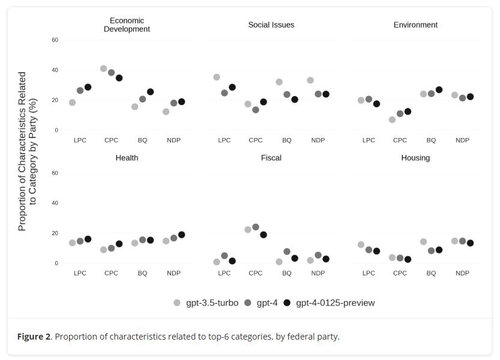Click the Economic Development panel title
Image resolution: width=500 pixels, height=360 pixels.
click(127, 25)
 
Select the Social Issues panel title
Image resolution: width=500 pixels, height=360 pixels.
click(271, 25)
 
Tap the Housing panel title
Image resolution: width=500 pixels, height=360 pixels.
click(415, 158)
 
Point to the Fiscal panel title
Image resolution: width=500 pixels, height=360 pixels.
click(271, 158)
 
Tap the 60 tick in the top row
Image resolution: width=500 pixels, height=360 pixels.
click(55, 40)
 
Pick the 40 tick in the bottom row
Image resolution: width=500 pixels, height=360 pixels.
click(55, 203)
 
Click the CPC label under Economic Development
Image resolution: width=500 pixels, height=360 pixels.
click(111, 140)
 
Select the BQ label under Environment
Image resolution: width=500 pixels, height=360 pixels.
click(431, 140)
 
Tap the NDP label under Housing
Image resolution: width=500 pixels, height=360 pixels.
click(462, 273)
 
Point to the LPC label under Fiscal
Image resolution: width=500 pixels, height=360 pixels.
click(224, 273)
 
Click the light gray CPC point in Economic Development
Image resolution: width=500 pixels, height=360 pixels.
click(103, 69)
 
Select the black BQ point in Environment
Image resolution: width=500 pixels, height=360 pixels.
click(439, 90)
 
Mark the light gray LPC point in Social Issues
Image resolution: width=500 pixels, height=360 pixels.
click(217, 77)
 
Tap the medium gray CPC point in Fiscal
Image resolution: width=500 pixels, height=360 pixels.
click(256, 227)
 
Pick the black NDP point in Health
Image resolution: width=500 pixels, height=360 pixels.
click(181, 235)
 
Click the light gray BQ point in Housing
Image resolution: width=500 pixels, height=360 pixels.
click(423, 242)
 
